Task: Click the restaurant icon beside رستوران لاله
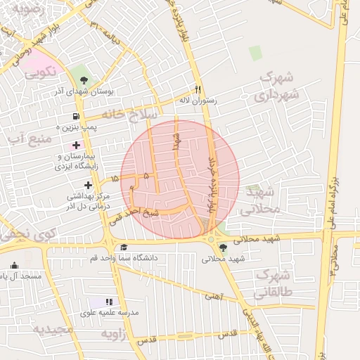click(x=198, y=89)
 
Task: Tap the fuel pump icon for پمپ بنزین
click(x=75, y=117)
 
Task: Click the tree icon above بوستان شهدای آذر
click(x=84, y=79)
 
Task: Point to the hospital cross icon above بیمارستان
click(x=76, y=145)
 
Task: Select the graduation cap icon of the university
click(x=124, y=247)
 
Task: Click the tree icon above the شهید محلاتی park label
click(x=223, y=247)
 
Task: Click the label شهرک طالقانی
click(x=274, y=282)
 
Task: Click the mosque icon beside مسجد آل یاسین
click(x=15, y=265)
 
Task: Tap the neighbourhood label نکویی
click(x=39, y=71)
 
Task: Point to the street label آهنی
click(x=212, y=297)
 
